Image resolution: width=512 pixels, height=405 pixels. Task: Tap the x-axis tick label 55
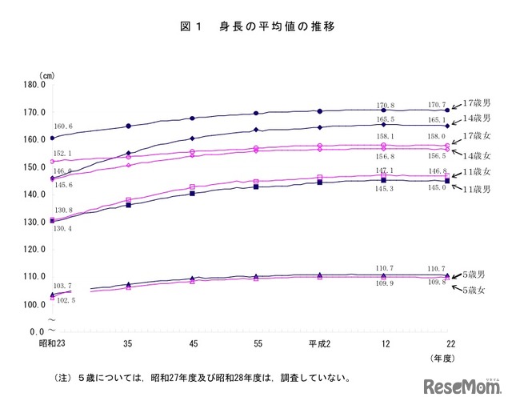click(256, 343)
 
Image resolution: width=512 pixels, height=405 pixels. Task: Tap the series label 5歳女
click(478, 289)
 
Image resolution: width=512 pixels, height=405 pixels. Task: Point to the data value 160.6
click(63, 126)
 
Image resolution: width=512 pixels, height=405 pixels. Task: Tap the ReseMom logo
click(458, 388)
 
